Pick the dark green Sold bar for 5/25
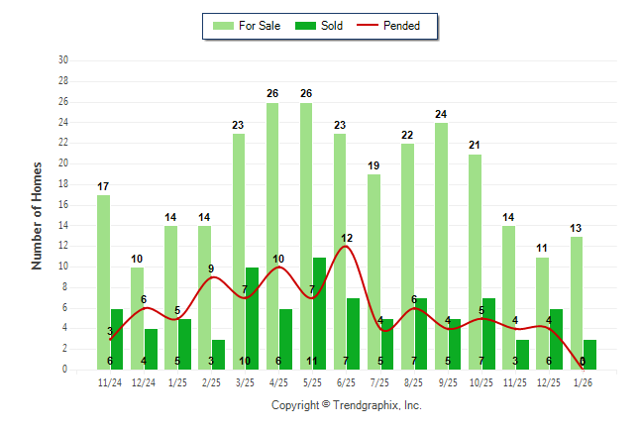(319, 313)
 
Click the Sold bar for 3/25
(252, 318)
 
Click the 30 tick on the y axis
(63, 60)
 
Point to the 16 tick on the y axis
(63, 205)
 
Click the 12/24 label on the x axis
(144, 381)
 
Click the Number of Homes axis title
(37, 215)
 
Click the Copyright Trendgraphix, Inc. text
(347, 405)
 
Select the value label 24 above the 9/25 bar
(441, 114)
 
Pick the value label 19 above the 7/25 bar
(373, 165)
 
